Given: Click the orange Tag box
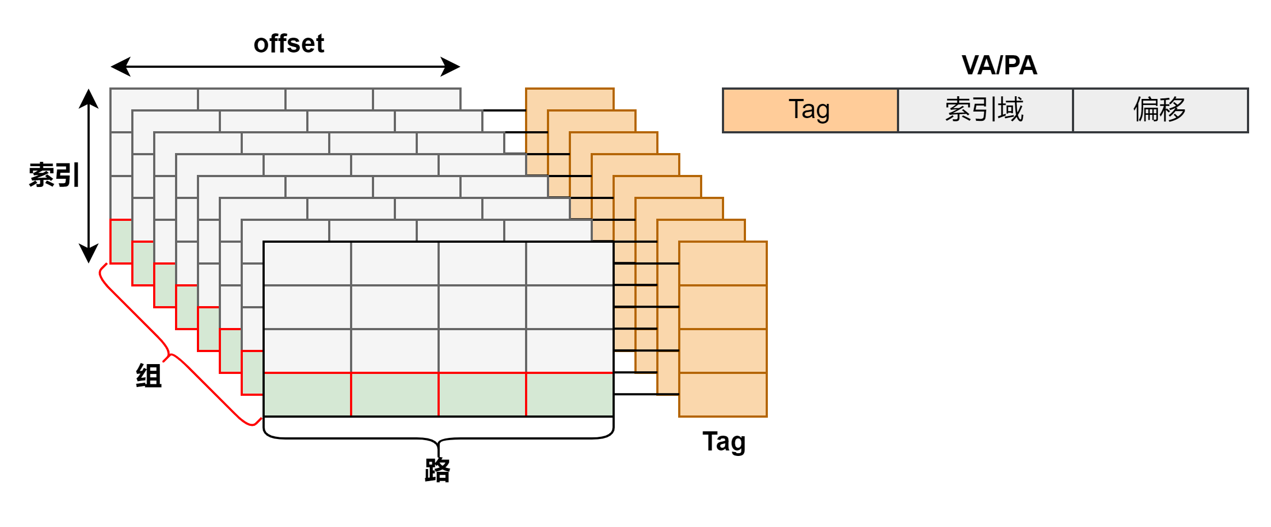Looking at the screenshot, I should pos(810,110).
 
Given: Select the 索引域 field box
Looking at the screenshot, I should pos(985,110).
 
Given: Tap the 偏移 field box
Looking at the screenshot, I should pos(1160,110).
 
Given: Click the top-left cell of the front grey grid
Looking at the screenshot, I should pos(307,263).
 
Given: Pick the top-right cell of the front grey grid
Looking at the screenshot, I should pos(569,263).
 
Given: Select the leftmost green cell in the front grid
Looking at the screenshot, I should pos(307,394).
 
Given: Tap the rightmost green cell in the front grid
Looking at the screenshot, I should pos(569,394).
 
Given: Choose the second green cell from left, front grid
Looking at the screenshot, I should pos(394,394).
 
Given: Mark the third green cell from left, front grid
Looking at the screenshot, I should pos(482,394).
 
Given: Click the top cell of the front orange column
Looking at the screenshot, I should pos(722,263).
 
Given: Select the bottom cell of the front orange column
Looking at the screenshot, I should pos(722,394).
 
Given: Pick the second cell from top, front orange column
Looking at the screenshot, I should pos(722,307).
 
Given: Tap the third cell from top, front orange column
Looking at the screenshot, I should pos(722,350).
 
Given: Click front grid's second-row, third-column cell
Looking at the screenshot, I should pos(482,307).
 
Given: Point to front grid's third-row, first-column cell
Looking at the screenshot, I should pos(307,350).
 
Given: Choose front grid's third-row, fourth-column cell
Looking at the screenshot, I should pos(569,350).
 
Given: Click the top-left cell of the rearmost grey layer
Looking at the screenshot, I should pos(154,99).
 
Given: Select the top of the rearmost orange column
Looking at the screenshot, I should pos(569,99).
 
